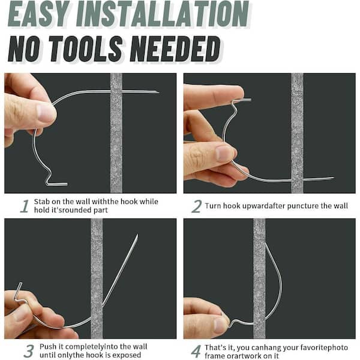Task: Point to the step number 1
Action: pyautogui.click(x=24, y=206)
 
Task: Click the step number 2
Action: pyautogui.click(x=196, y=206)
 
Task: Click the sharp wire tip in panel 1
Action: pyautogui.click(x=157, y=92)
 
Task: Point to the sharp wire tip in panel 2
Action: pyautogui.click(x=332, y=178)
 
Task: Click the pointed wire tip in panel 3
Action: pyautogui.click(x=137, y=236)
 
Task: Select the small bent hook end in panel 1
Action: pyautogui.click(x=56, y=182)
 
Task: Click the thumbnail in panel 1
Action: pyautogui.click(x=46, y=112)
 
